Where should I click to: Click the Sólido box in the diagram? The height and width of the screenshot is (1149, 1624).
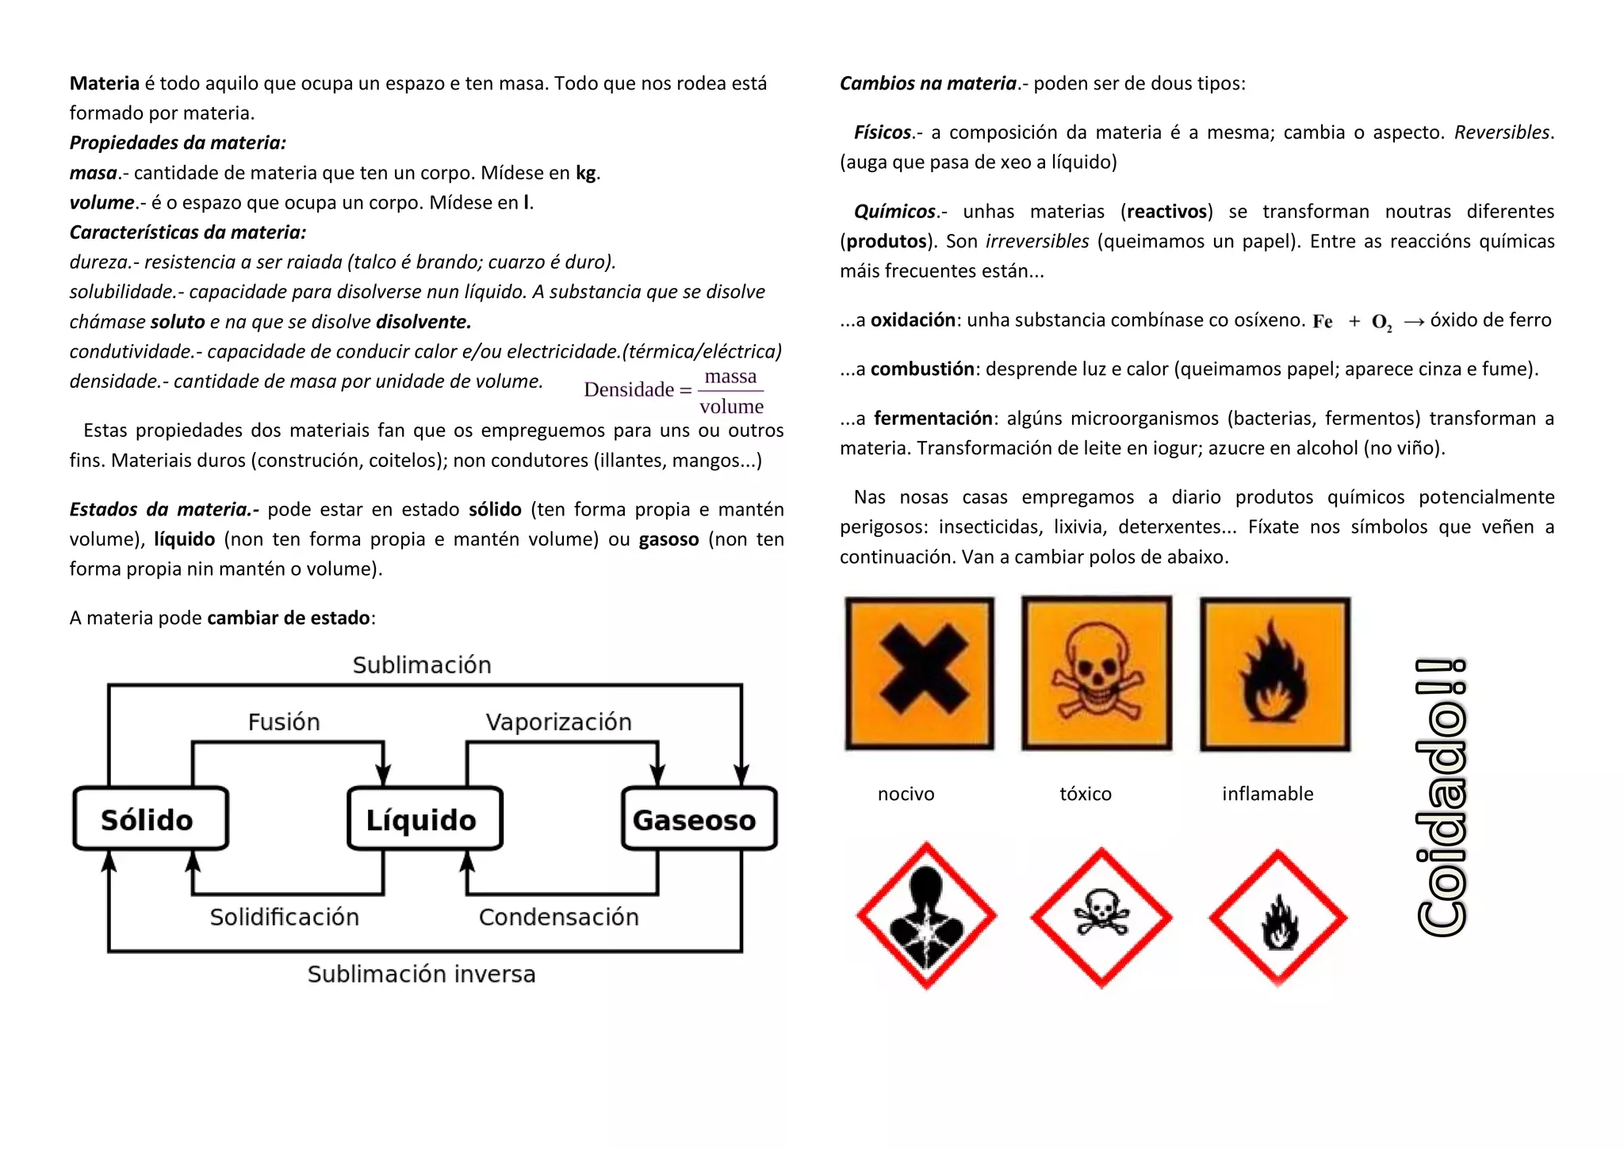point(151,819)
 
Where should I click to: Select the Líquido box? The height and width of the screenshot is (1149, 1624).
point(425,819)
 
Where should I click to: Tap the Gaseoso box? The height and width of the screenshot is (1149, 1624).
point(699,819)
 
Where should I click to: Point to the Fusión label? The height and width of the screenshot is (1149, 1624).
point(284,722)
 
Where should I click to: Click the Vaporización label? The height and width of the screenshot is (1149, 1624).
point(558,722)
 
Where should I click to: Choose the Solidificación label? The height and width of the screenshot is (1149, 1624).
point(284,917)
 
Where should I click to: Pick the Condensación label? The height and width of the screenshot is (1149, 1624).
point(558,917)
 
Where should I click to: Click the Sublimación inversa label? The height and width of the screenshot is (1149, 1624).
point(421,974)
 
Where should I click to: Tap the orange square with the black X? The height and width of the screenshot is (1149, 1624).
point(920,673)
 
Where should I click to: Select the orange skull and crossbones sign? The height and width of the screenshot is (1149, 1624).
point(1097,673)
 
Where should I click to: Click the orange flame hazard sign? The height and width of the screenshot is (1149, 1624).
point(1275,673)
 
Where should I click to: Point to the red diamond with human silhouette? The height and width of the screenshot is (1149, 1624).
point(926,916)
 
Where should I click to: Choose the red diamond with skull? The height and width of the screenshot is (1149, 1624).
point(1101,917)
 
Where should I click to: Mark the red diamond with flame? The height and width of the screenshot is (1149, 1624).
point(1277,918)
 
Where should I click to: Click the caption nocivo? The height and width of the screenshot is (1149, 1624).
point(906,794)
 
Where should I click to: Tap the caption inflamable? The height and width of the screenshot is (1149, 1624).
point(1267,794)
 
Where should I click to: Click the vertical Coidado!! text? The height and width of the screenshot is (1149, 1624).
point(1441,797)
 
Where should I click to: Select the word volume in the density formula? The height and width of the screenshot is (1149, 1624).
point(731,407)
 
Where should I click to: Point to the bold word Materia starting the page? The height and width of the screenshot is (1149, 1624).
point(104,83)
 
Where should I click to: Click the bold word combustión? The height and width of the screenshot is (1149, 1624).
point(922,369)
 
